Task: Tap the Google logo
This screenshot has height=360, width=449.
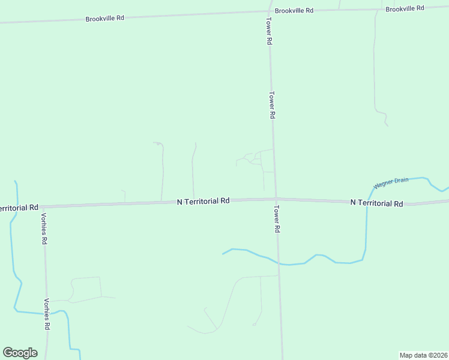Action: point(20,353)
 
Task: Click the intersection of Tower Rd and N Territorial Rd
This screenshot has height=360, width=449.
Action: point(276,198)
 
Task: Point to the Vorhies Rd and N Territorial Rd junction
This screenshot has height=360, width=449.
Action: point(44,206)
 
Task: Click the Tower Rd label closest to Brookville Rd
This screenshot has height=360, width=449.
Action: point(270,33)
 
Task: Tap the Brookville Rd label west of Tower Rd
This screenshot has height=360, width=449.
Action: point(104,19)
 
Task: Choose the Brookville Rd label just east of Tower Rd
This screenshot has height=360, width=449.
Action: point(294,11)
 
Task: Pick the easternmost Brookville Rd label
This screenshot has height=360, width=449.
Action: point(405,8)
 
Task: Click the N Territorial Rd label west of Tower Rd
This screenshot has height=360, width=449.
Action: point(203,202)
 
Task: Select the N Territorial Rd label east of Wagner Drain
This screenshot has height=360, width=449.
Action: point(376,203)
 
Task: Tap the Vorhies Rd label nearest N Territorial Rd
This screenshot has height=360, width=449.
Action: point(44,228)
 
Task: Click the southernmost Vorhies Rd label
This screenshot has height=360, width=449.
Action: point(46,314)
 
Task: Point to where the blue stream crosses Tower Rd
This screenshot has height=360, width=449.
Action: point(278,263)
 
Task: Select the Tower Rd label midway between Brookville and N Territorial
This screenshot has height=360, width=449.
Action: point(272,104)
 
